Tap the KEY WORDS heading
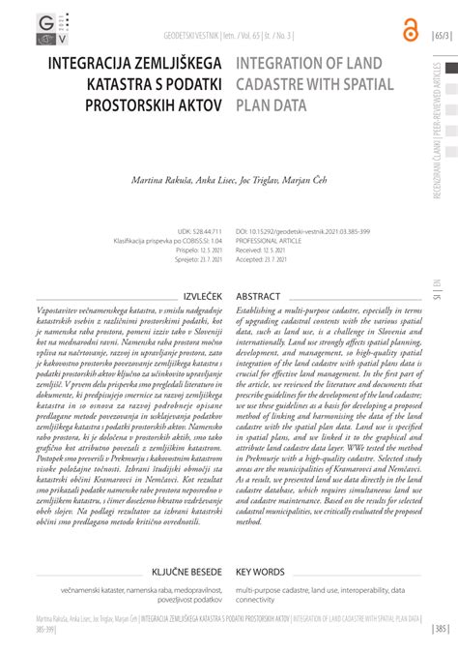click(x=260, y=572)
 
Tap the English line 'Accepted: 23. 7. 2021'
click(x=277, y=259)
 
